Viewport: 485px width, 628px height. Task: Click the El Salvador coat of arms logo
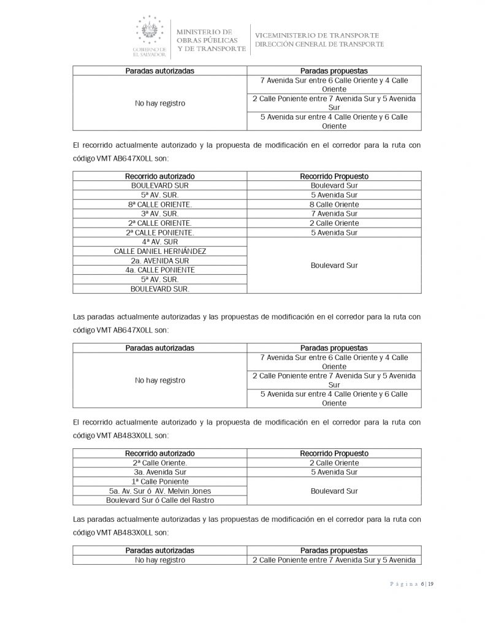pos(150,31)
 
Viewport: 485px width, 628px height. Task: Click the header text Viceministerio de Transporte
pos(316,35)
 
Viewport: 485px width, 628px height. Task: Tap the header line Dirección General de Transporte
pos(319,44)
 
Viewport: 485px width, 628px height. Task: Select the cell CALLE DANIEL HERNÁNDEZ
pos(159,251)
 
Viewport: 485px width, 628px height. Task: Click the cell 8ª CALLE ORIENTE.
pos(159,204)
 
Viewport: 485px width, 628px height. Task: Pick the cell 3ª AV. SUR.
pos(159,213)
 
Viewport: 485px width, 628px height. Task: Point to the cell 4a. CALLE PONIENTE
pos(159,270)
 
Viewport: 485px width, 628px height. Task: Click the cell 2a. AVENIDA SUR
pos(159,261)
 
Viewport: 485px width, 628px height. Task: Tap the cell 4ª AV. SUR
pos(159,242)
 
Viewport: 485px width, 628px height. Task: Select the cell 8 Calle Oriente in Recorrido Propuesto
pos(334,204)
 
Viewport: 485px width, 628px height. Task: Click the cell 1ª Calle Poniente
pos(159,481)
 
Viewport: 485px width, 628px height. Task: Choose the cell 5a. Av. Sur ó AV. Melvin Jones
pos(159,491)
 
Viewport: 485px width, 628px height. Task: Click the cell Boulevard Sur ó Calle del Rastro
pos(159,500)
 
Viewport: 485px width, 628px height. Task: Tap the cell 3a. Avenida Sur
pos(159,472)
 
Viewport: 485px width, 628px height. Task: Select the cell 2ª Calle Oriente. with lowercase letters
pos(159,463)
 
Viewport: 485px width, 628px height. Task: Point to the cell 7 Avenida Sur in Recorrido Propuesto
pos(334,213)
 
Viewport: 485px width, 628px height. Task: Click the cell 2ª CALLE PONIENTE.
pos(159,232)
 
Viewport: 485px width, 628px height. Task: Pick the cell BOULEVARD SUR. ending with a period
pos(159,288)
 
